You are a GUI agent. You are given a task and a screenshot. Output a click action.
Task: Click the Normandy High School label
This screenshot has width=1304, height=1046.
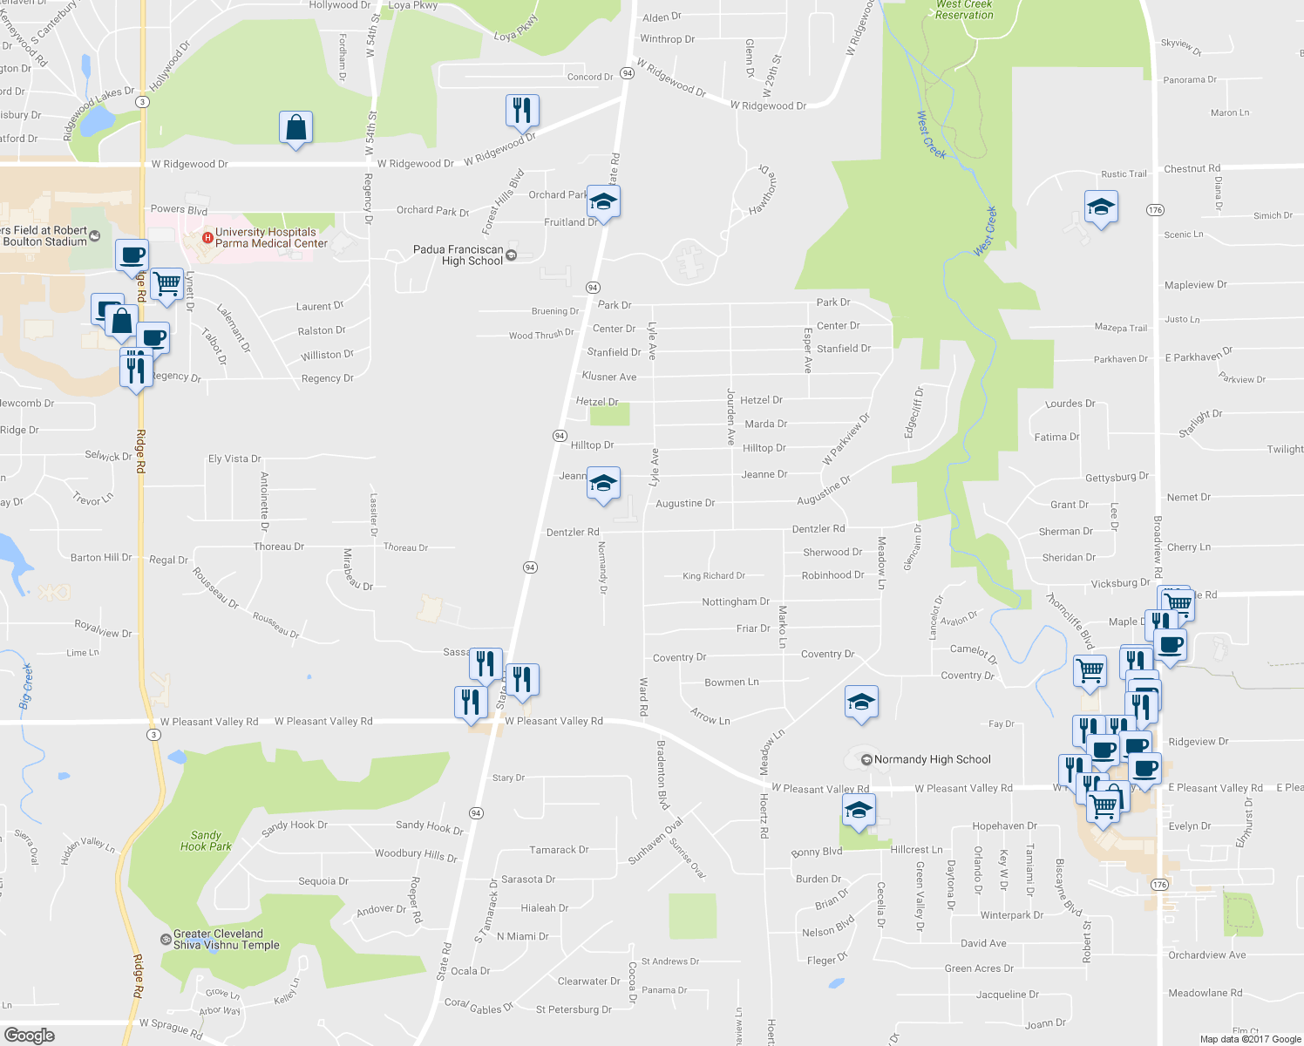tap(932, 759)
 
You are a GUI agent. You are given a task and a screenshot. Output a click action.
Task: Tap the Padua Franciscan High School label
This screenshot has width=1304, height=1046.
tap(458, 255)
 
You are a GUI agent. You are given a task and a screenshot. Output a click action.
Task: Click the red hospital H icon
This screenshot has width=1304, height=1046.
tap(207, 237)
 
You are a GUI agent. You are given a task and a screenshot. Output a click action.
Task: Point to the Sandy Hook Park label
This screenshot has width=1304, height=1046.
tap(206, 840)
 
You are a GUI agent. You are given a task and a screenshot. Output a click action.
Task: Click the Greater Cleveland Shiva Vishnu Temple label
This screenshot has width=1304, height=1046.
tap(226, 939)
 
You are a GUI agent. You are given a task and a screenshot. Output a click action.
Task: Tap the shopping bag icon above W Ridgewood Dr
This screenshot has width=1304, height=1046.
tap(296, 127)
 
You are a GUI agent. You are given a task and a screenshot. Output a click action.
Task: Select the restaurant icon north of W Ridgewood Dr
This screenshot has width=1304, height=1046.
tap(522, 110)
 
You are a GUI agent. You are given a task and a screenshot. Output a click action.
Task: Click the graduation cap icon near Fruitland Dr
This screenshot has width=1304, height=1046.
tap(603, 202)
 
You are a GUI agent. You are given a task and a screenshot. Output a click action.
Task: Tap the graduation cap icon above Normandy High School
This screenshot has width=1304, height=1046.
tap(861, 702)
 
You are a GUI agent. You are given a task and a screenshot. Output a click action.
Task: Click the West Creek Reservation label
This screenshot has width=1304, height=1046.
tap(964, 10)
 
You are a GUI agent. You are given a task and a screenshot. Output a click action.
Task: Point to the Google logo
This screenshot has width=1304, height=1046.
tap(29, 1035)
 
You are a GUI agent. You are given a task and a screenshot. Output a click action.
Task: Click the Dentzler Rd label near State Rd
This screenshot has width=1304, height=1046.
tap(573, 532)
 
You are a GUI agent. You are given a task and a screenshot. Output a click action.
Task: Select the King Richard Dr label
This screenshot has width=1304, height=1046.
tap(714, 575)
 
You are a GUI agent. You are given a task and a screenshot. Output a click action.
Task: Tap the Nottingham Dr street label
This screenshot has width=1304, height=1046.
tap(736, 601)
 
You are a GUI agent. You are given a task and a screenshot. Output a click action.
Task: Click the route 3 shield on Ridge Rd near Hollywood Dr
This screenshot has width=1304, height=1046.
tap(143, 102)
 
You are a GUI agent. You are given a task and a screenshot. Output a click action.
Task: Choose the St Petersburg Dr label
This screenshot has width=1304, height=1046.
tap(574, 1009)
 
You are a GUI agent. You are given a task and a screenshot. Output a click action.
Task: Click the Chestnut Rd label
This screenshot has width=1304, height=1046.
tap(1192, 168)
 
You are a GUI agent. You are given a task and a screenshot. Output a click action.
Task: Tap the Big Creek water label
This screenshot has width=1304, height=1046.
tap(27, 685)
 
